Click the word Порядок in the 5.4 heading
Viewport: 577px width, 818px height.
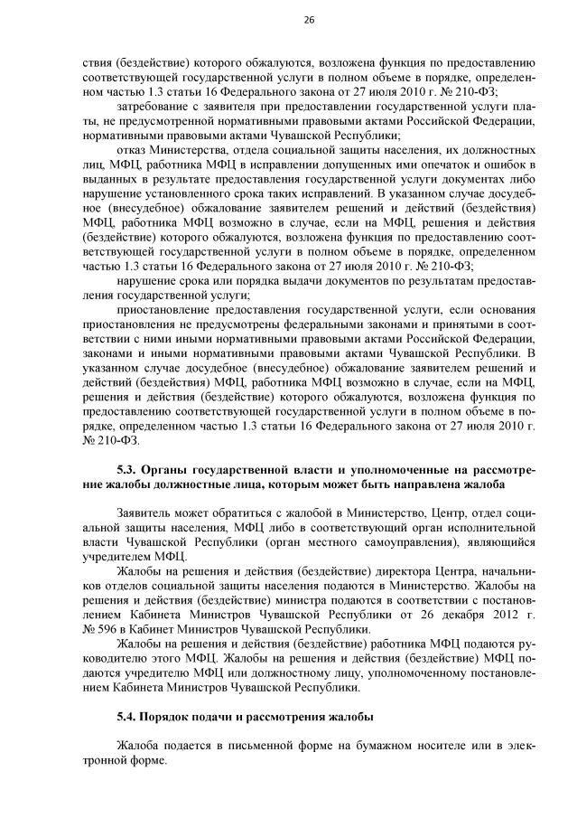tap(173, 717)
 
